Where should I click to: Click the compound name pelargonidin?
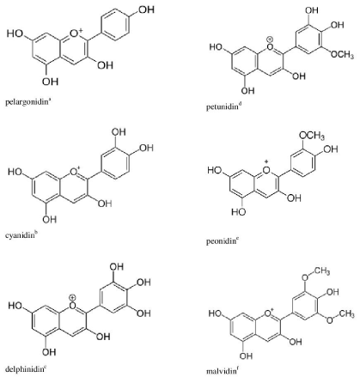click(x=27, y=102)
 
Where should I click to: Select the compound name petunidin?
click(x=223, y=107)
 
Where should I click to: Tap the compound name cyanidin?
click(x=20, y=236)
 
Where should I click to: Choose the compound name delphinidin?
click(x=24, y=368)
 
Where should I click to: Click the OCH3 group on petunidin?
click(x=342, y=54)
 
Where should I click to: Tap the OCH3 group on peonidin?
click(x=312, y=136)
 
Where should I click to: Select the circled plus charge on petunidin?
click(x=270, y=40)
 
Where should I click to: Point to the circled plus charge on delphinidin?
click(x=73, y=298)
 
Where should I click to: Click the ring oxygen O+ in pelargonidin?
click(x=76, y=33)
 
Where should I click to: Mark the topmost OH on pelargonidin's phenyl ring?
click(x=147, y=9)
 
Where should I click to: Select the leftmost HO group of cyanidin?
click(x=15, y=172)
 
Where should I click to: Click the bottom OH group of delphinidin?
click(x=49, y=352)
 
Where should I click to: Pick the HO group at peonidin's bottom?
click(x=239, y=212)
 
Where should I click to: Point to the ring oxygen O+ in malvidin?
click(x=269, y=313)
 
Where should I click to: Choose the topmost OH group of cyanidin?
click(x=119, y=132)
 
